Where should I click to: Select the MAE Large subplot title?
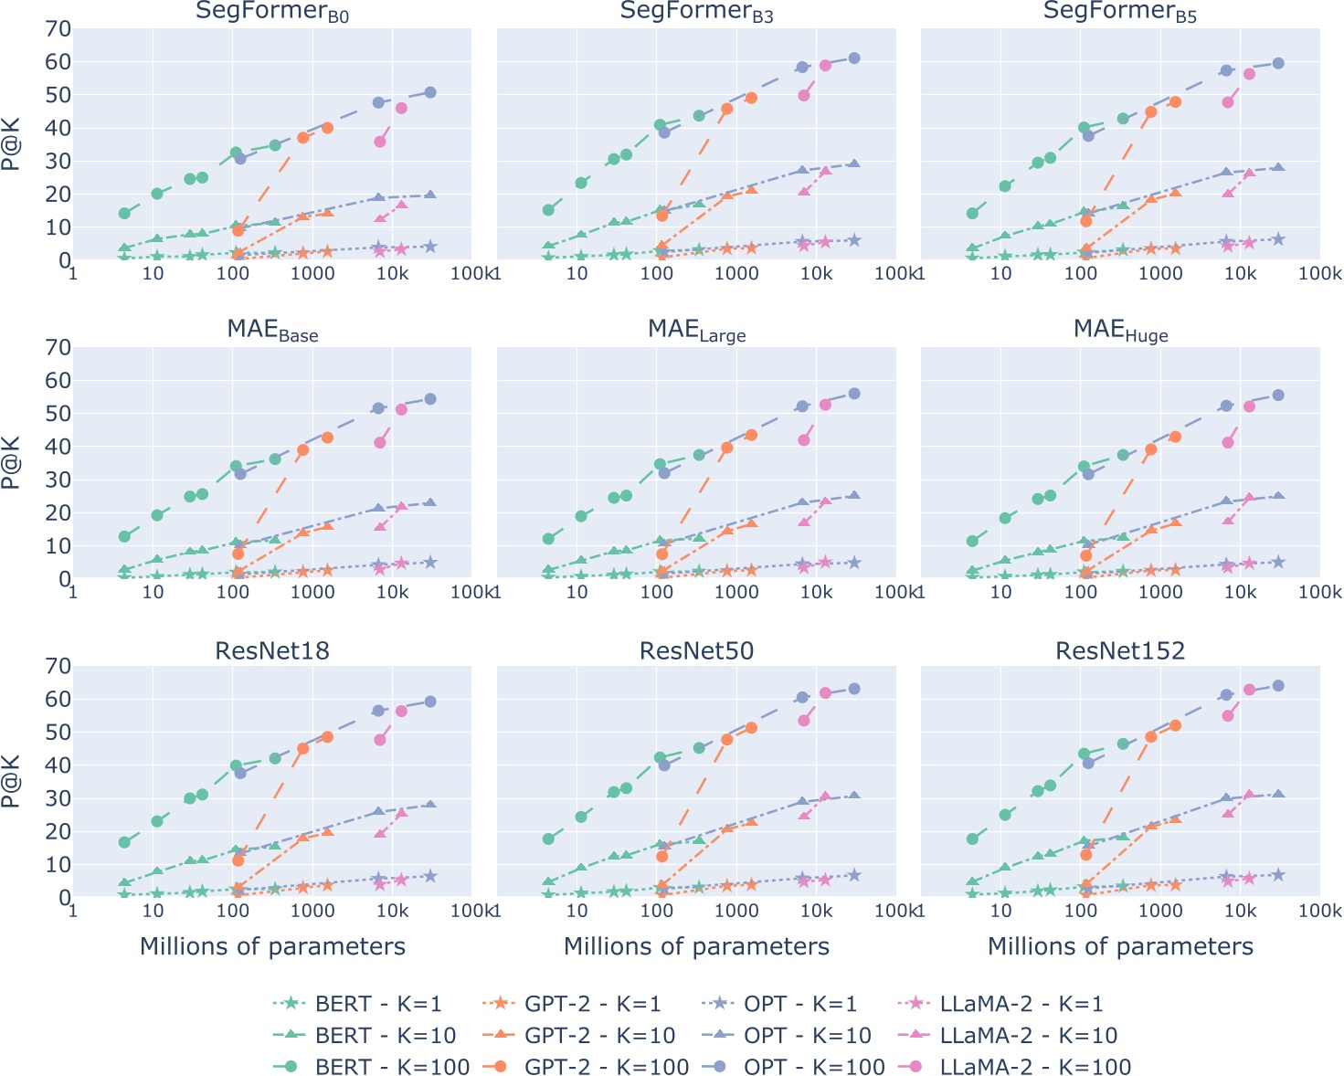pyautogui.click(x=696, y=330)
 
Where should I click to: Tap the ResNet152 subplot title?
pyautogui.click(x=1120, y=650)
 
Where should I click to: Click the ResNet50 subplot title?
pyautogui.click(x=696, y=650)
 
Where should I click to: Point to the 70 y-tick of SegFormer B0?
pyautogui.click(x=58, y=29)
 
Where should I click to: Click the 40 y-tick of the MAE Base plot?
pyautogui.click(x=58, y=447)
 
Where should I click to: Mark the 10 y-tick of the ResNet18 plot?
pyautogui.click(x=58, y=864)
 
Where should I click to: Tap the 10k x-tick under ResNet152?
pyautogui.click(x=1240, y=911)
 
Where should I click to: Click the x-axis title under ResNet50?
pyautogui.click(x=696, y=946)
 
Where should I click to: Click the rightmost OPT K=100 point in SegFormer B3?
pyautogui.click(x=854, y=58)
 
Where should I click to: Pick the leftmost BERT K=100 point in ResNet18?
pyautogui.click(x=124, y=842)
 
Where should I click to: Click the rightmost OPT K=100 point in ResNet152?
pyautogui.click(x=1278, y=685)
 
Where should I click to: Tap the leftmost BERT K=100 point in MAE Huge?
pyautogui.click(x=972, y=542)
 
